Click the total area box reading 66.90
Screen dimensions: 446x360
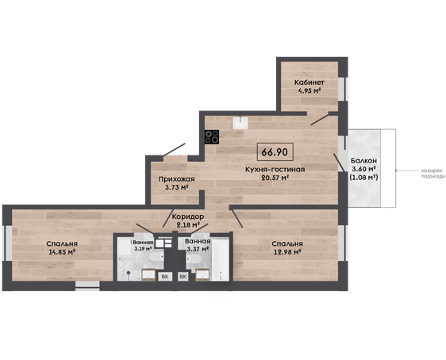pos(275,152)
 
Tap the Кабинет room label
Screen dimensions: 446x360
pos(310,82)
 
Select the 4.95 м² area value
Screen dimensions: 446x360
pos(310,91)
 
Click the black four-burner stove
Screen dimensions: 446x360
pos(212,137)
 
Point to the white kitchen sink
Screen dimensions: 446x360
pos(240,123)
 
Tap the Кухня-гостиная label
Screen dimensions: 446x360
pos(275,170)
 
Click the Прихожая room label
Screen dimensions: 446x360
pos(176,179)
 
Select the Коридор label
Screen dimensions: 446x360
pos(188,216)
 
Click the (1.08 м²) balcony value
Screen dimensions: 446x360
pos(363,178)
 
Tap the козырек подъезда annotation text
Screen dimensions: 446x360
pos(433,174)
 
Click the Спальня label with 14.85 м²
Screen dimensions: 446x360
pos(62,243)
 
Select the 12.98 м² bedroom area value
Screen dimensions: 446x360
pos(287,252)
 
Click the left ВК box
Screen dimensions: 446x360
pos(165,277)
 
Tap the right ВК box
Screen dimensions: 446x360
pos(183,277)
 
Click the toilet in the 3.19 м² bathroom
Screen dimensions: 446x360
pos(156,257)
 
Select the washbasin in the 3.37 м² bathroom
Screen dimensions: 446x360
pos(202,274)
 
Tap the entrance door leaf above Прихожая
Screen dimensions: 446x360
pos(174,150)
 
